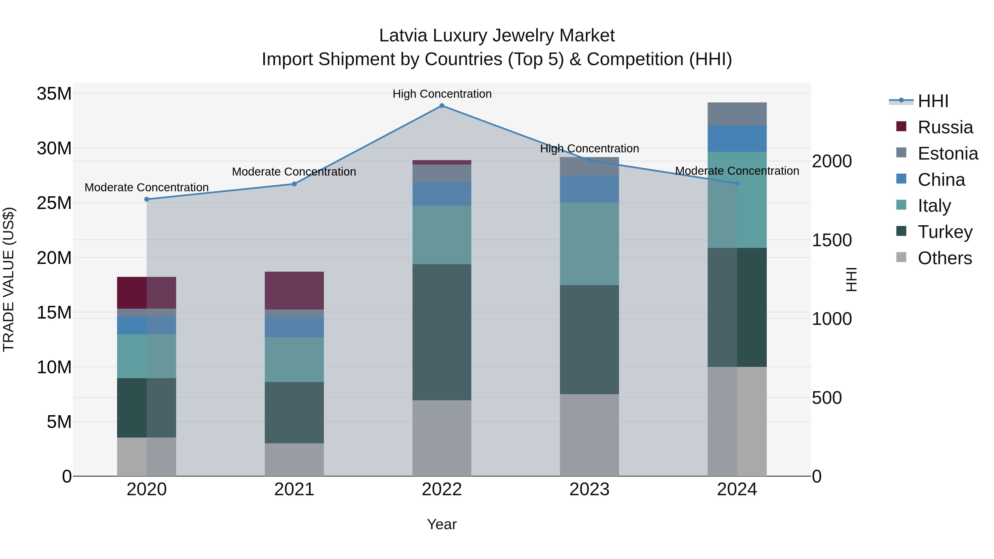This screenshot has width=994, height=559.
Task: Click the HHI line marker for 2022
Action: pyautogui.click(x=442, y=106)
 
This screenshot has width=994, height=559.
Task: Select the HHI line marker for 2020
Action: pyautogui.click(x=147, y=200)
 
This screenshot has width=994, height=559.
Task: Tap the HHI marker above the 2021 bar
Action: pyautogui.click(x=294, y=184)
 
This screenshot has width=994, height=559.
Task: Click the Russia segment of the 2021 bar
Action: pyautogui.click(x=294, y=290)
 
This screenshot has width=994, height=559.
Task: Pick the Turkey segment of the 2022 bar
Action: pyautogui.click(x=442, y=332)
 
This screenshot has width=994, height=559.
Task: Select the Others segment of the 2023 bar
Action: pyautogui.click(x=589, y=435)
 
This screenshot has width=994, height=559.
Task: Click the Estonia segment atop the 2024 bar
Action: pyautogui.click(x=737, y=114)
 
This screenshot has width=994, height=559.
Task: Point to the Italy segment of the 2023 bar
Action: pyautogui.click(x=589, y=244)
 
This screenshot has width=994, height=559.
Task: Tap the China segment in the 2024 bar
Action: pyautogui.click(x=737, y=139)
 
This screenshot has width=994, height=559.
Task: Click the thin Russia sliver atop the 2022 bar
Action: pyautogui.click(x=442, y=162)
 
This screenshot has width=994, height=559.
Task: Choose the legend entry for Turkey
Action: pyautogui.click(x=945, y=232)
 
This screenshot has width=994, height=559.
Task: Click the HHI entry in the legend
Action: pyautogui.click(x=933, y=101)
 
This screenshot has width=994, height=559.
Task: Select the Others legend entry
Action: pyautogui.click(x=944, y=258)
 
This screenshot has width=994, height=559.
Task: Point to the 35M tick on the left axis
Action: pyautogui.click(x=54, y=94)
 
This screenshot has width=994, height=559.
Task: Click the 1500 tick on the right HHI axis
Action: pyautogui.click(x=832, y=240)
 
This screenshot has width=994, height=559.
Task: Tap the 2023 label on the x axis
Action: pyautogui.click(x=589, y=489)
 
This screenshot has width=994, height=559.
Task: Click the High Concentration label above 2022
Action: pyautogui.click(x=442, y=94)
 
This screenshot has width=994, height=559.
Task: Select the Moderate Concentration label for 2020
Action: pyautogui.click(x=147, y=187)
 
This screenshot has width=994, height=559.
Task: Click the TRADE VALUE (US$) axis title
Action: pyautogui.click(x=9, y=279)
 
